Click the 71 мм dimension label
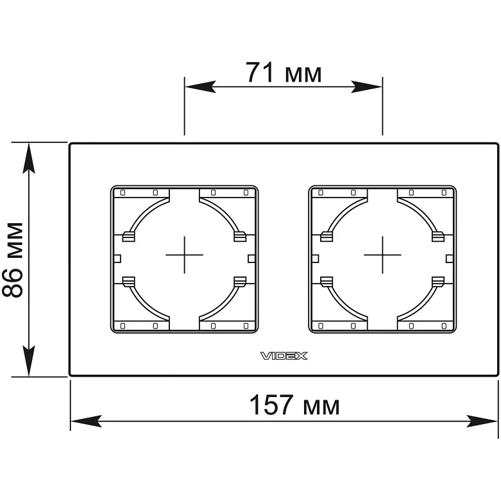click(x=284, y=72)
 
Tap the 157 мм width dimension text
click(x=294, y=405)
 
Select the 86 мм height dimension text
click(x=13, y=260)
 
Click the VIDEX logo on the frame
click(x=284, y=356)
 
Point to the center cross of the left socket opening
click(x=184, y=255)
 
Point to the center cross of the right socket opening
click(x=382, y=255)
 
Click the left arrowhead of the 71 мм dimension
click(x=200, y=87)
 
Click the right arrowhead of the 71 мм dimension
click(x=366, y=87)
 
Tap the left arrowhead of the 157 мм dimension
click(x=86, y=421)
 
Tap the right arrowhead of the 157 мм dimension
click(x=482, y=421)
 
